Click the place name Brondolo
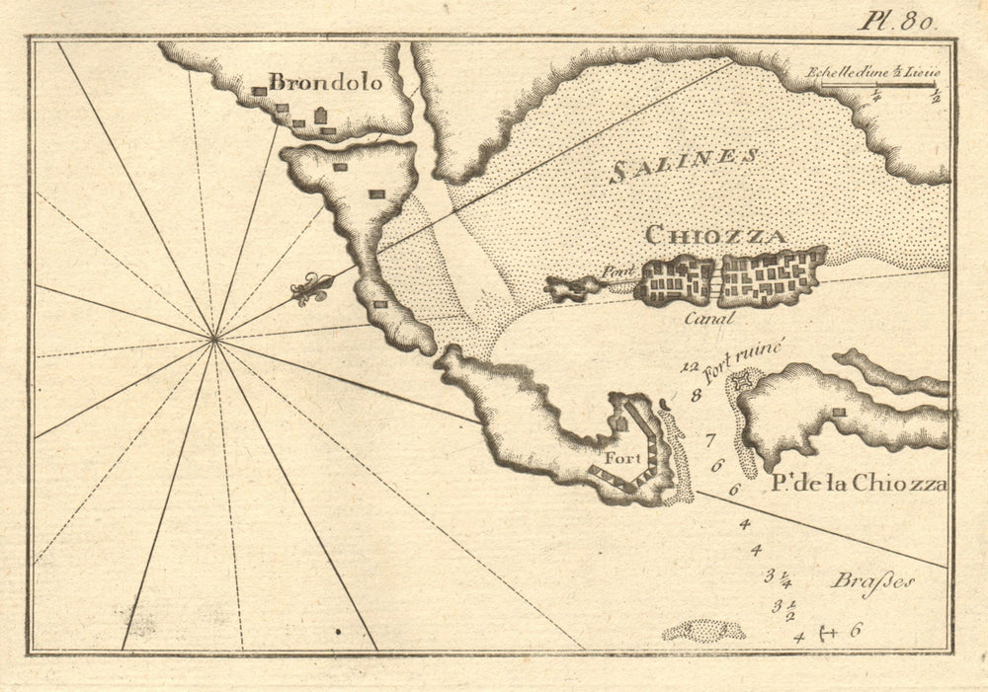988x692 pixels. (x=325, y=83)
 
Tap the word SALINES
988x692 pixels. (x=685, y=164)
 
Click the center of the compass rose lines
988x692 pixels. (x=214, y=340)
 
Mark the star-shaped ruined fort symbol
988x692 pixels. (x=744, y=379)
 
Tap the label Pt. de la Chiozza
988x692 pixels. (x=856, y=484)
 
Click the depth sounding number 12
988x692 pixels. (x=690, y=369)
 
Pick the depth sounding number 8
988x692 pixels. (x=696, y=396)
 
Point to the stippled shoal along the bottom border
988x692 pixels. (x=703, y=630)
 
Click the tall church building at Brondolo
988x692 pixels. (x=320, y=117)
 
